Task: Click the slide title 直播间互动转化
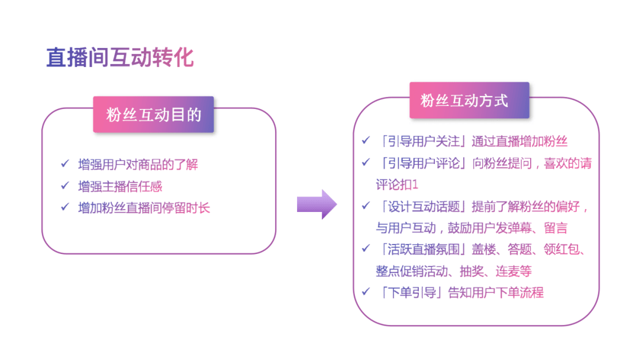coord(120,57)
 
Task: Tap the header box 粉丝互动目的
coord(154,114)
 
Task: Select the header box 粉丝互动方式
coord(469,100)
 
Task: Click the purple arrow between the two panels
coord(317,204)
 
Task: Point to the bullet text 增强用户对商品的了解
coord(138,165)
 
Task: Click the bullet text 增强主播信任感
coord(120,187)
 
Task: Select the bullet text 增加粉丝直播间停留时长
coord(144,208)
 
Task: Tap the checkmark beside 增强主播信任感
coord(65,185)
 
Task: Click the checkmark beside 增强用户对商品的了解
coord(65,163)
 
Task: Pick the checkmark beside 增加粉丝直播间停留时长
coord(65,207)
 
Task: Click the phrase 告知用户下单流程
coord(496,292)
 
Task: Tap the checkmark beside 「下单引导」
coord(366,291)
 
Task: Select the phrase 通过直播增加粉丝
coord(519,142)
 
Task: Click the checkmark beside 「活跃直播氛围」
coord(366,248)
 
